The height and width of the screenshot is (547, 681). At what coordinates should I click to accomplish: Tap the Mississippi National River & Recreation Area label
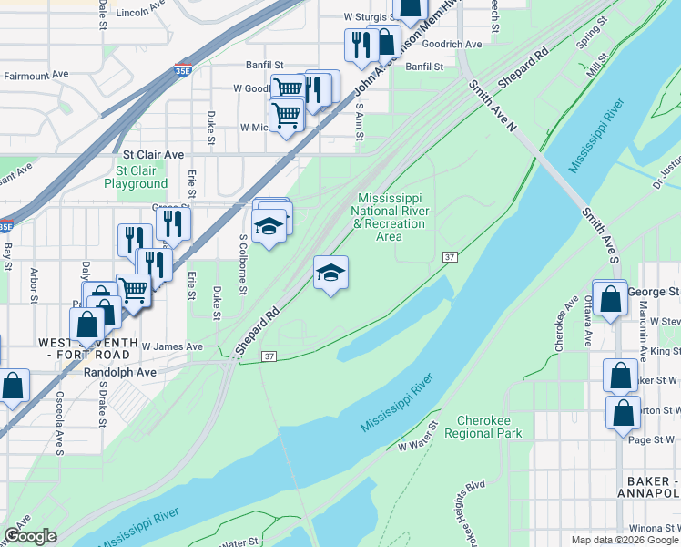point(390,217)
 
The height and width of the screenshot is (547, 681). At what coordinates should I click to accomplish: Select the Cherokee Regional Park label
point(483,428)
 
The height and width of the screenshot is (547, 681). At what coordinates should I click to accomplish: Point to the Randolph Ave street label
point(119,373)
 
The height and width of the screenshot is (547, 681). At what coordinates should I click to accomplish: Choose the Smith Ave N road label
point(493,105)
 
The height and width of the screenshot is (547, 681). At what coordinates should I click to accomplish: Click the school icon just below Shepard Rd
point(330,273)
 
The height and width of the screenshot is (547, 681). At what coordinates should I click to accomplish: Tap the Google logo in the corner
point(29,536)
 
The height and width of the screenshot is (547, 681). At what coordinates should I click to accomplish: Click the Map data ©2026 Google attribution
point(624,540)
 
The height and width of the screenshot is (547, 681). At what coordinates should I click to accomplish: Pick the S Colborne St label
point(243,264)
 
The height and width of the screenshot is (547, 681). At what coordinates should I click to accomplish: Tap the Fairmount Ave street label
point(36,74)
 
